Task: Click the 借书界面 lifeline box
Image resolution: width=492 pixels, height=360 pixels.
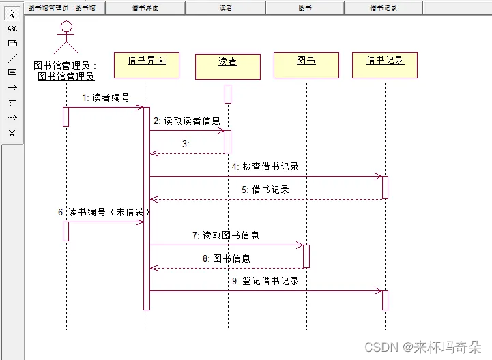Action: click(147, 65)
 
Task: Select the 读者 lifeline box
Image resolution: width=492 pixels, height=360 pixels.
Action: click(227, 66)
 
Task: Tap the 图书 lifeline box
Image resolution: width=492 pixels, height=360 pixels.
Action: click(306, 65)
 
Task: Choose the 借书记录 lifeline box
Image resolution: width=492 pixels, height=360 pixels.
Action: click(385, 65)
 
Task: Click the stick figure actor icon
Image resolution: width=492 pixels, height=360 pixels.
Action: click(66, 37)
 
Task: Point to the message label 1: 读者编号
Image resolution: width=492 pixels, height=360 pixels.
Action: click(106, 97)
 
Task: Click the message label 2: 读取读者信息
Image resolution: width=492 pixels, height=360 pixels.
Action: click(186, 121)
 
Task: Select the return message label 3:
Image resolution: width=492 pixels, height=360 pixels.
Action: click(186, 144)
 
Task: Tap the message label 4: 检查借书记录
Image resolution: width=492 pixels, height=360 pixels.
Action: click(265, 166)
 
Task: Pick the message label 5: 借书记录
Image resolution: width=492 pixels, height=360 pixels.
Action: click(265, 190)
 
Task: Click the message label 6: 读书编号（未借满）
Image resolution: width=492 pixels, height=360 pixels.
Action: click(104, 212)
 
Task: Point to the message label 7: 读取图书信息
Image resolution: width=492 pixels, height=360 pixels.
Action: click(225, 235)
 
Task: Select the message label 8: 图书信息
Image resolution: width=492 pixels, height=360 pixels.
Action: click(226, 258)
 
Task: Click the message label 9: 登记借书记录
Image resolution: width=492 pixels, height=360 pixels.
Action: click(265, 281)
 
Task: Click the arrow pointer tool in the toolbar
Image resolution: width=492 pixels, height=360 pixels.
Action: click(12, 14)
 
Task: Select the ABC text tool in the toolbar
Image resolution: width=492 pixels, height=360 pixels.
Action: click(12, 29)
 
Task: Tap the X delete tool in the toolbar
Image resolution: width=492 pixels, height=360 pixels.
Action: click(12, 133)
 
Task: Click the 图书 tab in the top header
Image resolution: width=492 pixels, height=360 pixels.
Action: click(305, 7)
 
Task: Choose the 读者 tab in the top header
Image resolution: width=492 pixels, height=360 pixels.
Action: click(225, 7)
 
